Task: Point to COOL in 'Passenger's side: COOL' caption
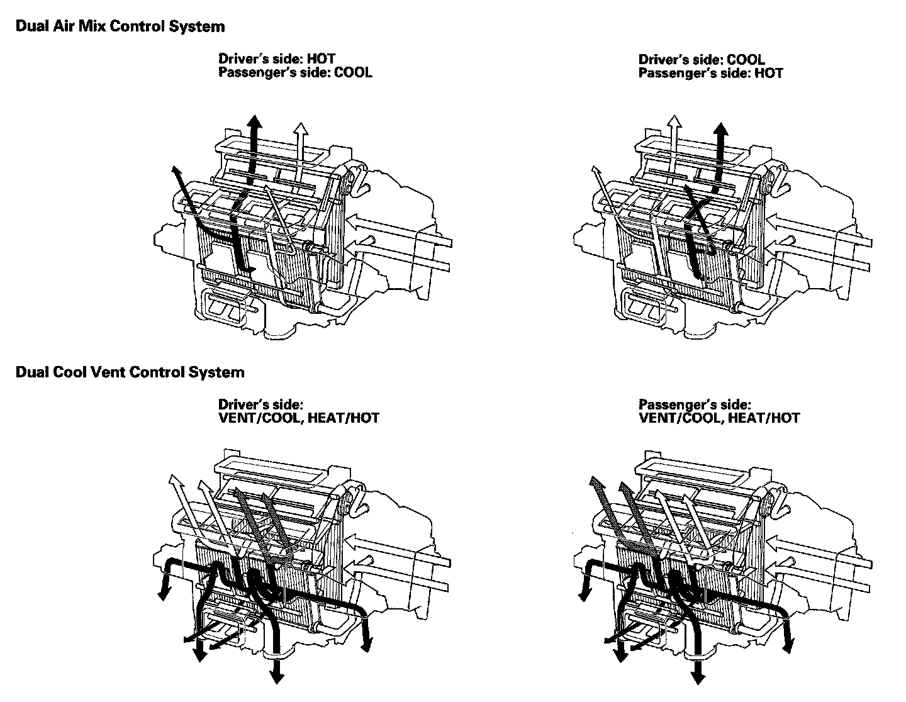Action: [x=353, y=72]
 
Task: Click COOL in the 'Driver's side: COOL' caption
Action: [x=746, y=60]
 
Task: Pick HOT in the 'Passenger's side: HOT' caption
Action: [x=769, y=73]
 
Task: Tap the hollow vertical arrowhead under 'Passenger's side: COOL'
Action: [x=301, y=129]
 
